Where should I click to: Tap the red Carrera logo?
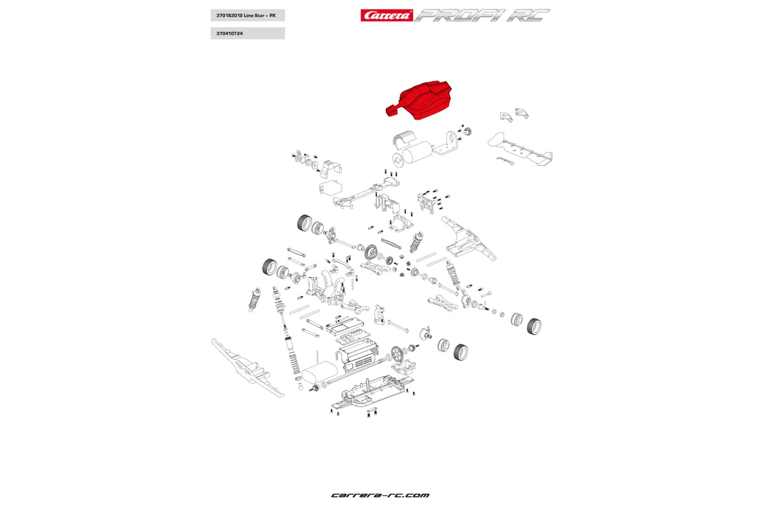point(386,15)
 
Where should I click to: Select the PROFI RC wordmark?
point(482,15)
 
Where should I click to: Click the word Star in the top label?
point(257,15)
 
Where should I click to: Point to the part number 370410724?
point(230,33)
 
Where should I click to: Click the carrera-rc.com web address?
point(380,495)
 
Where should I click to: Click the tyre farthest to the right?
point(534,326)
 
